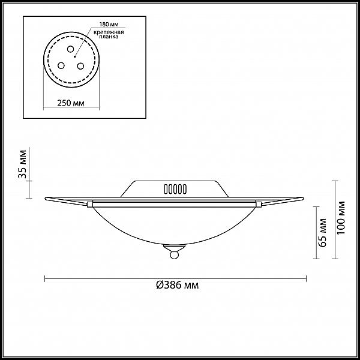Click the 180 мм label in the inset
pyautogui.click(x=109, y=25)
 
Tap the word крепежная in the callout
pyautogui.click(x=109, y=32)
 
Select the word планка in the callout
pyautogui.click(x=109, y=37)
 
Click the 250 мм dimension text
pyautogui.click(x=71, y=103)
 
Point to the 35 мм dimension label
pyautogui.click(x=23, y=164)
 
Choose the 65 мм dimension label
pyautogui.click(x=323, y=233)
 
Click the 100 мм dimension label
pyautogui.click(x=341, y=218)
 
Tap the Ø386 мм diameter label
pyautogui.click(x=177, y=285)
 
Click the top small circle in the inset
pyautogui.click(x=70, y=49)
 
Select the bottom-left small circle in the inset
pyautogui.click(x=61, y=65)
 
